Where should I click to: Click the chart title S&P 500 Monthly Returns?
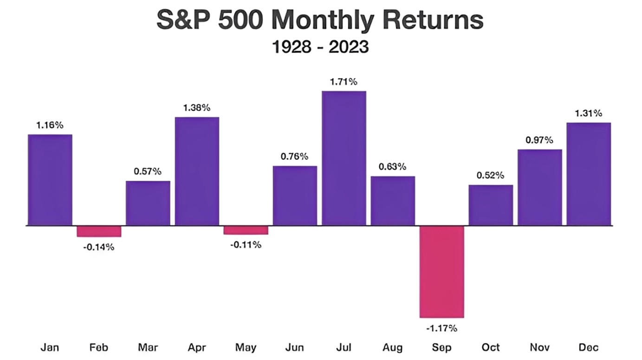[320, 21]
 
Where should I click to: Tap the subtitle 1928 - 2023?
[320, 47]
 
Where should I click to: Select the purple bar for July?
[344, 158]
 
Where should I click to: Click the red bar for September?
[441, 272]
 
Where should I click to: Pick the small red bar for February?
[99, 231]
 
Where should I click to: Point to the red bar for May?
[246, 230]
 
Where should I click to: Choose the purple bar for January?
[50, 180]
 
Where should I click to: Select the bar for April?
[197, 171]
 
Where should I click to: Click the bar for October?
[491, 205]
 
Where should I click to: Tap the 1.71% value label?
[344, 82]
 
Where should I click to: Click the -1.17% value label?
[441, 328]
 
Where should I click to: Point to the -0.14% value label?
[99, 247]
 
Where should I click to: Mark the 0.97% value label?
[539, 140]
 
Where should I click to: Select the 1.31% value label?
[589, 113]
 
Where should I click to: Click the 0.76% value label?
[294, 157]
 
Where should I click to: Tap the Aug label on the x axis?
[393, 347]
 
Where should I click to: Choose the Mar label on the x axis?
[148, 347]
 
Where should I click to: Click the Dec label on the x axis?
[589, 347]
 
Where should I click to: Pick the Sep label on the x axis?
[441, 347]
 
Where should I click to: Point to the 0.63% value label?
[393, 167]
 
